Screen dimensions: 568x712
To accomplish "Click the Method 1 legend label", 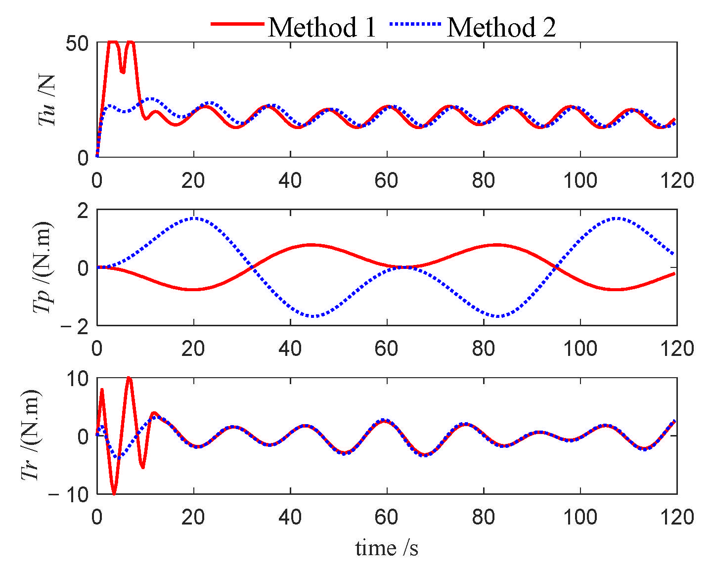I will (x=322, y=27).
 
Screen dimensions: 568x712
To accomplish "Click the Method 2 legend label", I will (x=501, y=27).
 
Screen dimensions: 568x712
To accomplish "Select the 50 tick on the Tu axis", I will (x=77, y=44).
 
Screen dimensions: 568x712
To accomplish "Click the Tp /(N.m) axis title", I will (x=43, y=267).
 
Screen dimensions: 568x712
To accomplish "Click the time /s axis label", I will (x=387, y=548).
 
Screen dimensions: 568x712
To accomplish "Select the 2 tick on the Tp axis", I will (x=83, y=210).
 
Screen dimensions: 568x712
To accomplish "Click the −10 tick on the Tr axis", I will (x=69, y=494).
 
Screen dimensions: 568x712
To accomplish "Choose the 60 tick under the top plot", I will (x=386, y=181).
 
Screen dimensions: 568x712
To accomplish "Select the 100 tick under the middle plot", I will (x=579, y=349).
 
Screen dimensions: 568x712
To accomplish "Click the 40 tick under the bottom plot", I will (x=290, y=517).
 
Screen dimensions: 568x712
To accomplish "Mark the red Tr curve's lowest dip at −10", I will (x=114, y=493).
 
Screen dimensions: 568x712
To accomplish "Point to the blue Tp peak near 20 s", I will (x=194, y=218).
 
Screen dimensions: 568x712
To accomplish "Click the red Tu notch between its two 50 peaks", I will (x=122, y=72).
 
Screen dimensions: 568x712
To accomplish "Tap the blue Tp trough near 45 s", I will (x=313, y=316).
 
